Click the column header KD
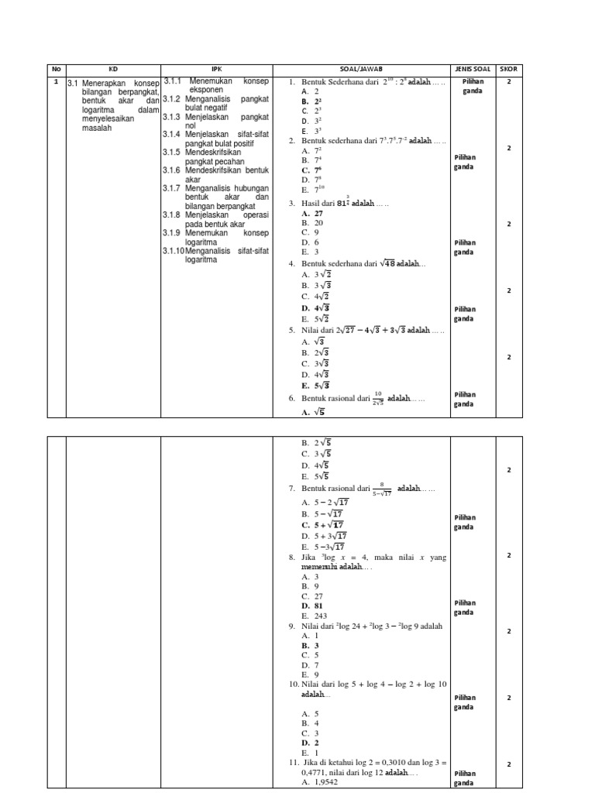pos(112,70)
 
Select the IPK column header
pos(216,70)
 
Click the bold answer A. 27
pos(312,213)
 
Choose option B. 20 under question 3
pos(312,222)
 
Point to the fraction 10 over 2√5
pos(377,397)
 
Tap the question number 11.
pos(293,763)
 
